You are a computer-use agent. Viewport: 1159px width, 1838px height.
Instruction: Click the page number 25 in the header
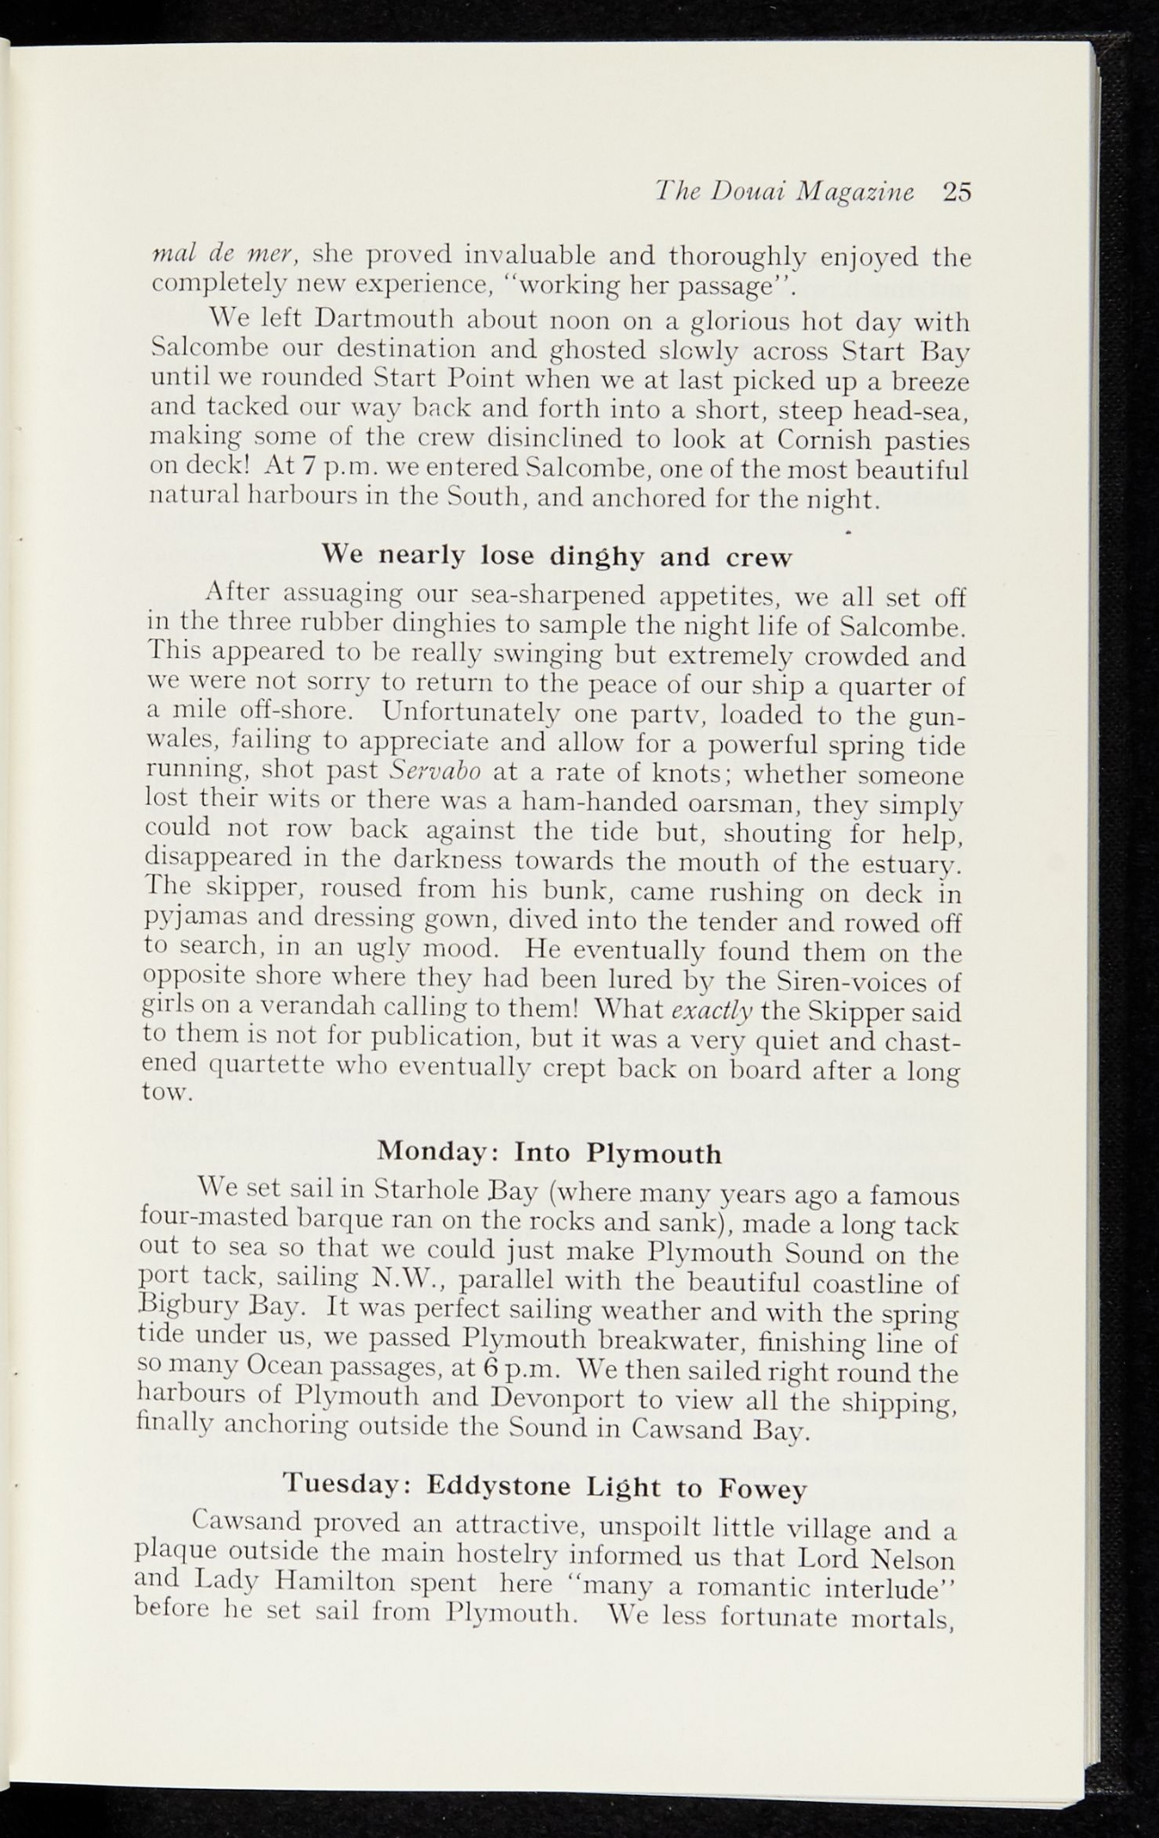(957, 192)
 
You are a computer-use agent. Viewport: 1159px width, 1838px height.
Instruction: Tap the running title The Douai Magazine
(785, 192)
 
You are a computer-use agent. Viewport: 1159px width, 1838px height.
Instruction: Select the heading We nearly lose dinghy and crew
(557, 556)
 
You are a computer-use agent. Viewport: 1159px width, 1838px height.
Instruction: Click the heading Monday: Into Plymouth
(549, 1151)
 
